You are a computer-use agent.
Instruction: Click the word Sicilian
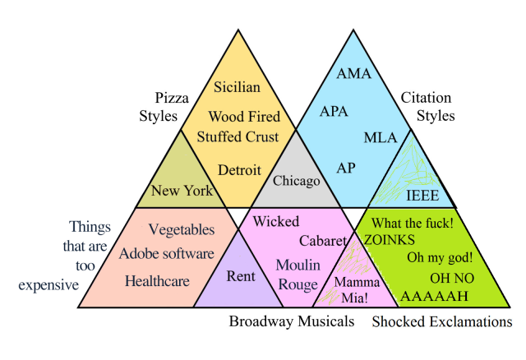tap(237, 86)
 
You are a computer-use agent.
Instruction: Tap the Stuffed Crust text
tap(238, 136)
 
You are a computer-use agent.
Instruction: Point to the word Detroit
tap(239, 170)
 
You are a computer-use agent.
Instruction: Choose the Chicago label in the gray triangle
tap(296, 180)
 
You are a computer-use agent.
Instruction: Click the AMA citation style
tap(354, 74)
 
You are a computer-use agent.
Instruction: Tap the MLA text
tap(381, 136)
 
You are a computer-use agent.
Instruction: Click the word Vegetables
tap(182, 229)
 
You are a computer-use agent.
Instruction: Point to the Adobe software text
tap(167, 253)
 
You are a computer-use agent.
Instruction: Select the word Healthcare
tap(157, 280)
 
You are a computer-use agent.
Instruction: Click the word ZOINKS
tap(390, 239)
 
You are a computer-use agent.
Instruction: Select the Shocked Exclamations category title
tap(441, 321)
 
